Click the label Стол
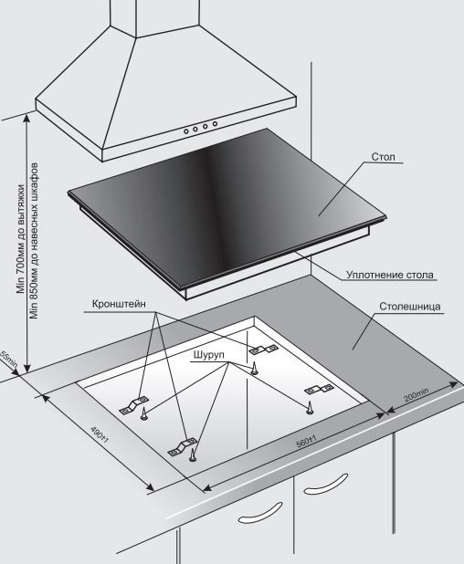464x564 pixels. (x=383, y=157)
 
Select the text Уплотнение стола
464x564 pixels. (x=390, y=275)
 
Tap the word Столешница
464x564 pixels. (x=409, y=307)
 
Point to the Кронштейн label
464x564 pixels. (x=119, y=304)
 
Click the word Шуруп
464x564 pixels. (x=209, y=355)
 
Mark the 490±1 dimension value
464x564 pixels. (x=100, y=435)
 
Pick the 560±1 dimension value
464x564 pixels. (x=307, y=442)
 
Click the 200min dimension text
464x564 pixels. (x=417, y=394)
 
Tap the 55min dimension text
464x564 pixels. (x=8, y=360)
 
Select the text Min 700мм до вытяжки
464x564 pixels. (x=21, y=239)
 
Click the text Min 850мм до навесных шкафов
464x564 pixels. (x=34, y=241)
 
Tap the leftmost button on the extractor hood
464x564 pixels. (x=186, y=131)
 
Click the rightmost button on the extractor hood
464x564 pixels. (x=215, y=124)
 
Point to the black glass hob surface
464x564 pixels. (x=227, y=205)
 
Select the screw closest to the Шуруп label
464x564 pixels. (x=254, y=369)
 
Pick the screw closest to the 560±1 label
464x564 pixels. (x=310, y=408)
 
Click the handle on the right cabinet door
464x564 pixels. (x=325, y=484)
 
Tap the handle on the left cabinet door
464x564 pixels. (x=260, y=513)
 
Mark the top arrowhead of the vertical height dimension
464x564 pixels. (x=27, y=118)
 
